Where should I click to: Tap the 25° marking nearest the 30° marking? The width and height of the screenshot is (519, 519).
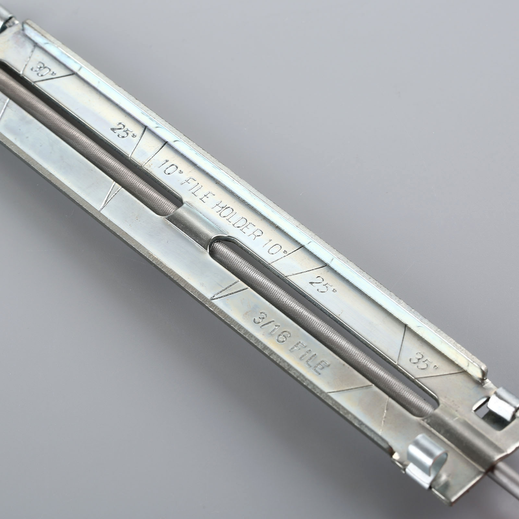(x=120, y=129)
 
